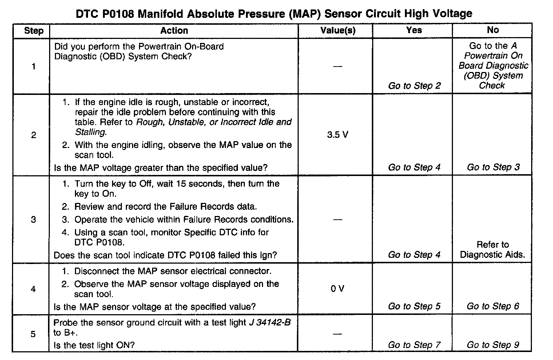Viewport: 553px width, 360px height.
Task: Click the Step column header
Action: coord(33,31)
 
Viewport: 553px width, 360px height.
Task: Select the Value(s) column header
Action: coord(338,31)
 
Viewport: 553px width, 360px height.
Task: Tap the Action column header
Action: coord(174,31)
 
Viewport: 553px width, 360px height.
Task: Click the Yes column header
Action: coord(414,30)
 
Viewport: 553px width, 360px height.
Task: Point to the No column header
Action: coord(493,30)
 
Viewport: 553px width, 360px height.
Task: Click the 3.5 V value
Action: coord(337,135)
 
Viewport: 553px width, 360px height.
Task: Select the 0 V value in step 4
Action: coord(337,289)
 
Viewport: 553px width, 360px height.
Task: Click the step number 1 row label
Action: coord(33,67)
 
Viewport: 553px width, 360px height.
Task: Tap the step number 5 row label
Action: coord(33,334)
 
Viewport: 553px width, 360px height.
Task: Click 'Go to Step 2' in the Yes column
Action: coord(414,86)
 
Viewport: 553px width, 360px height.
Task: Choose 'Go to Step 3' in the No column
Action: coord(493,167)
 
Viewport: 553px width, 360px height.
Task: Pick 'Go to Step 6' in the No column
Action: coord(493,306)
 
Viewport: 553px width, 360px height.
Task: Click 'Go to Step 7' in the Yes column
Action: coord(414,345)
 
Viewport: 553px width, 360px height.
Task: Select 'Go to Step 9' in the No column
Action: coord(493,345)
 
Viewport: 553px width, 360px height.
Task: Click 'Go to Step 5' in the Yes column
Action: coord(414,306)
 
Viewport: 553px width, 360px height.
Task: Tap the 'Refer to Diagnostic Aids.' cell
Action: coord(493,249)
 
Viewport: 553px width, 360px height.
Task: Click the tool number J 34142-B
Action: coord(270,323)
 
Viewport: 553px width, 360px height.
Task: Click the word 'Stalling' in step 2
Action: coord(90,132)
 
